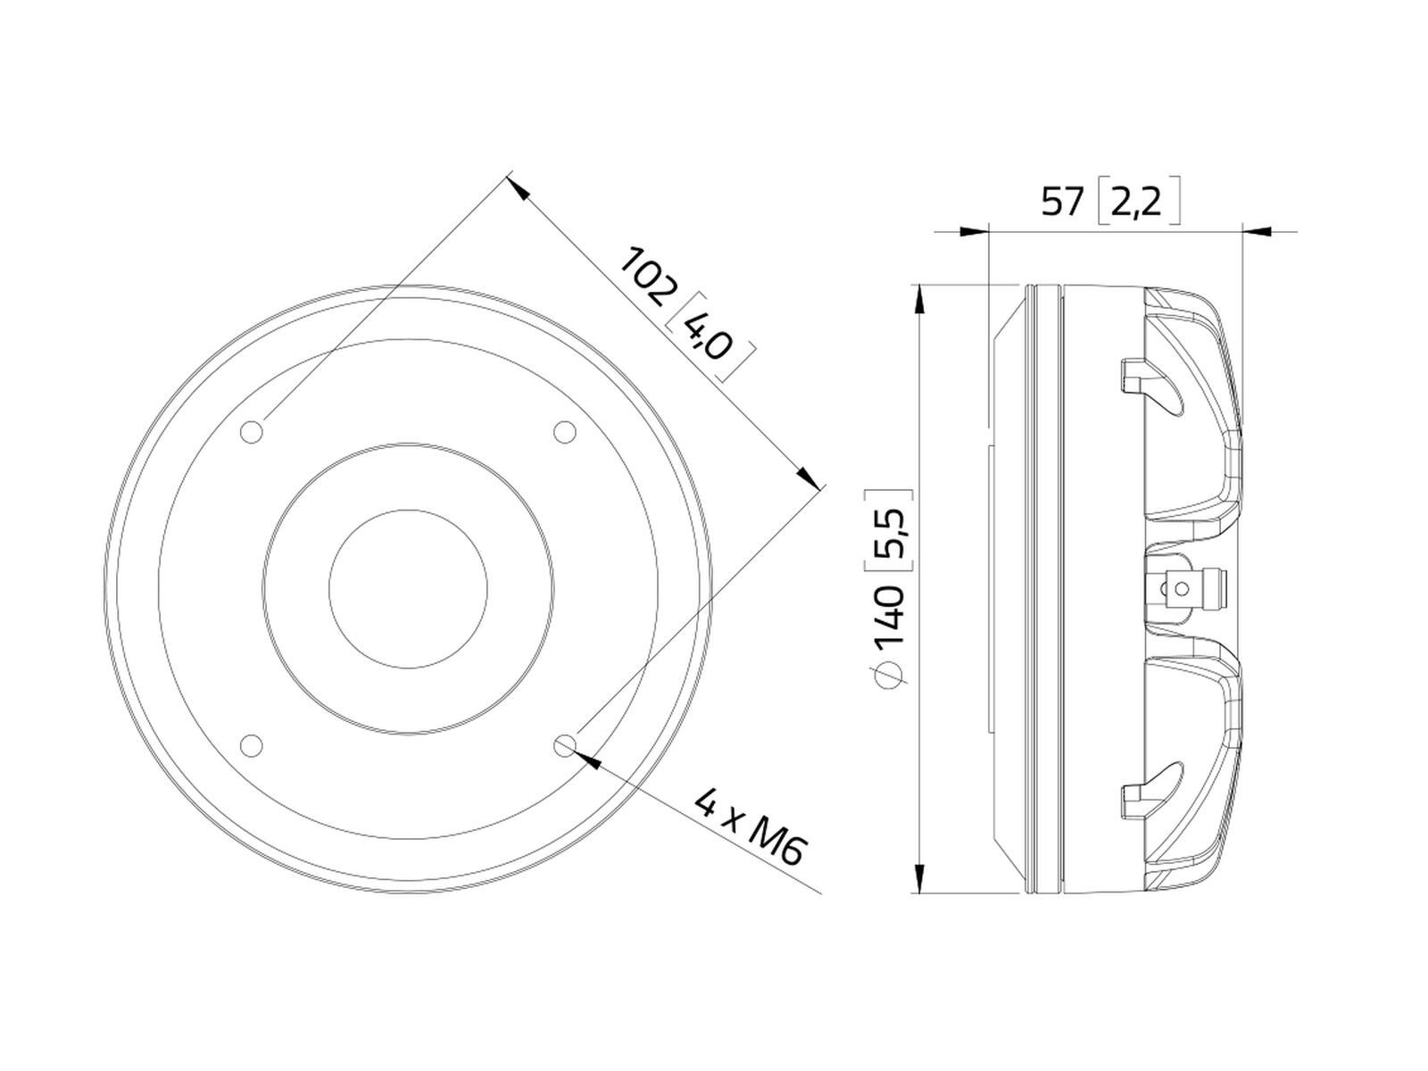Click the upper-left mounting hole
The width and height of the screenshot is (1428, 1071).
tap(251, 432)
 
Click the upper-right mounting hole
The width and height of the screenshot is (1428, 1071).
tap(565, 432)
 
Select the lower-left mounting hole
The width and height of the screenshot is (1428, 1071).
tap(251, 745)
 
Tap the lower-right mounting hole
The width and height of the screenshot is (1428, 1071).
tap(565, 745)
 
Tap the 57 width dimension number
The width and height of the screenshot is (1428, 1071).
tap(1062, 202)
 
